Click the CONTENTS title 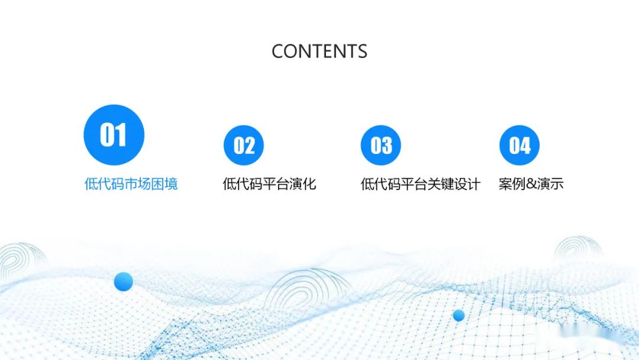[x=319, y=52]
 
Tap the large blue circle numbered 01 [x=114, y=135]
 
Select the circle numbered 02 [x=244, y=146]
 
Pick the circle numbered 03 [x=381, y=146]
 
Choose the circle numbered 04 [x=519, y=146]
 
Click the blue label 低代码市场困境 [x=131, y=184]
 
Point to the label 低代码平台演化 [x=269, y=184]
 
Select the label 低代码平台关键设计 [x=420, y=184]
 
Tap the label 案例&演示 [x=531, y=184]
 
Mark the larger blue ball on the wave [x=123, y=281]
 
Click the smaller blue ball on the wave [x=459, y=316]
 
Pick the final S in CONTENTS [x=362, y=52]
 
